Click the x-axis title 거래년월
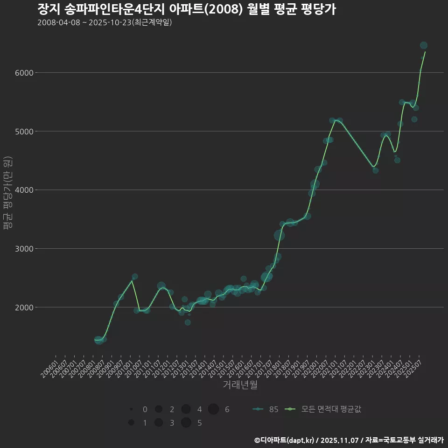coord(240,385)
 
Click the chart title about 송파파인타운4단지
coord(186,9)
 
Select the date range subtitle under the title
coord(105,22)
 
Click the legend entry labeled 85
coord(266,409)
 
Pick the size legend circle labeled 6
coord(213,409)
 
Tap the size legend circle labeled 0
coord(132,409)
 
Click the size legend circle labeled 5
coord(186,423)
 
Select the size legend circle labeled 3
coord(159,423)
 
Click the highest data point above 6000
coord(424,45)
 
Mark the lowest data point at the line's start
coord(98,340)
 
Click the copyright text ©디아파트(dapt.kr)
coord(285,440)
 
